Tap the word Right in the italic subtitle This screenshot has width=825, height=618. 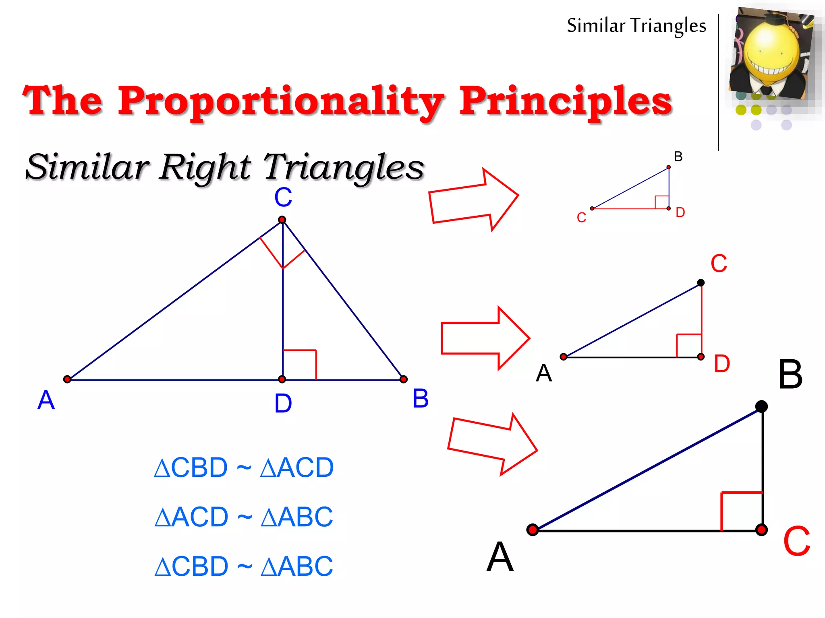[205, 167]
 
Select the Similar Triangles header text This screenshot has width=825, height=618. [636, 26]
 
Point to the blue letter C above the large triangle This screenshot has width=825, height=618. [283, 198]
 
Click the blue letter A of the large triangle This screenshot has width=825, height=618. [46, 400]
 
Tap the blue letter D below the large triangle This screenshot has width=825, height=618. [283, 404]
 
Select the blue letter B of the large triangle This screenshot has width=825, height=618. [420, 399]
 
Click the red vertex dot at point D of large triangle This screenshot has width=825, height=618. [282, 379]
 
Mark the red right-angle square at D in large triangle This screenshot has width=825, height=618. [300, 365]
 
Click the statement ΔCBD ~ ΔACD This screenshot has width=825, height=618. [244, 468]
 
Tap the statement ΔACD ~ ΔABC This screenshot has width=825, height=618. [244, 517]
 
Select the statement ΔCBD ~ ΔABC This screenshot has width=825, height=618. [244, 566]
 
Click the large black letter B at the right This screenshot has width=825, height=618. [790, 375]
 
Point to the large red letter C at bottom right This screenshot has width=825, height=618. [796, 542]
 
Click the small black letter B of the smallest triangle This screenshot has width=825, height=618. [678, 157]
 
